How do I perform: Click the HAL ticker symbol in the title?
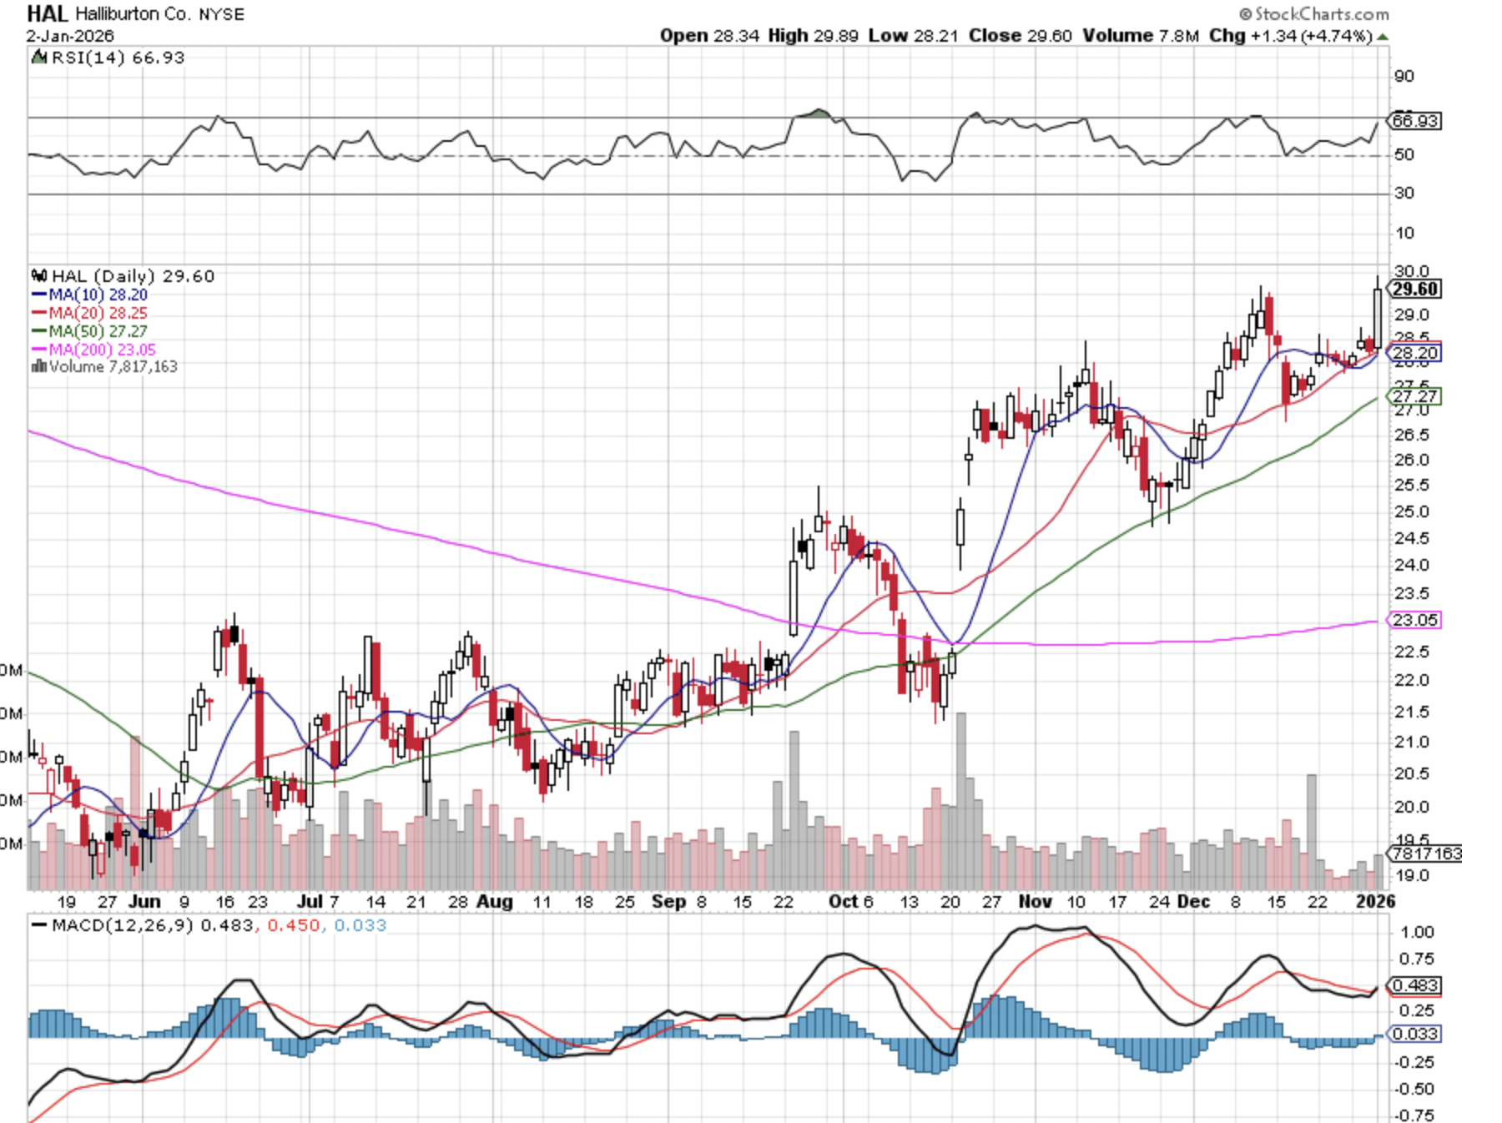[47, 13]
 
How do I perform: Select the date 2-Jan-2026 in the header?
[70, 36]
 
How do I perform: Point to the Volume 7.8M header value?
[1141, 36]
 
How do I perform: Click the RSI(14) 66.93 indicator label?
[117, 58]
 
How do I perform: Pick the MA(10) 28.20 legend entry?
[98, 295]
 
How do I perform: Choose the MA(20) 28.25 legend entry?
[98, 313]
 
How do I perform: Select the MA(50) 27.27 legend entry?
[98, 331]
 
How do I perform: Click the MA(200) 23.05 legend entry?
[102, 350]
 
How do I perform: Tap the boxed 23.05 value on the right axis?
[1414, 620]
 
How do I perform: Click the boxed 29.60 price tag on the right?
[1415, 290]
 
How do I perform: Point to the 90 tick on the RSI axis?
[1404, 76]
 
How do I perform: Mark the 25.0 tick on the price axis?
[1412, 511]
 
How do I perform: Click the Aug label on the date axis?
[494, 902]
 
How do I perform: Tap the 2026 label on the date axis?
[1375, 902]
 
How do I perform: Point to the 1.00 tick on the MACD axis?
[1417, 932]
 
